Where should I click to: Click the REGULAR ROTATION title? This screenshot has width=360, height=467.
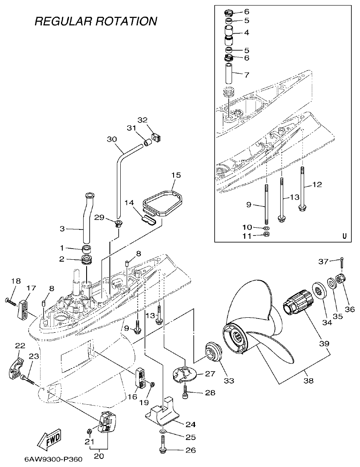click(x=96, y=21)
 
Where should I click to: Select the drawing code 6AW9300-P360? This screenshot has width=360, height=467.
click(x=53, y=460)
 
